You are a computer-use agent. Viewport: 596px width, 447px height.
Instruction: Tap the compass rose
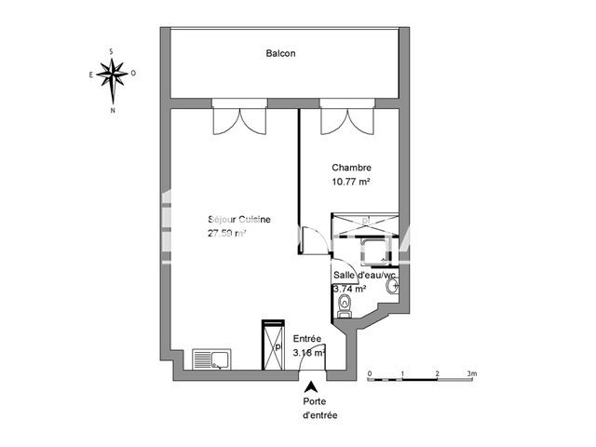[x=114, y=74]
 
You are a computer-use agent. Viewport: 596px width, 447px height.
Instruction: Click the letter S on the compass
[x=113, y=50]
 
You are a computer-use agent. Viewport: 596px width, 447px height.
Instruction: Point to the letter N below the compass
[x=114, y=109]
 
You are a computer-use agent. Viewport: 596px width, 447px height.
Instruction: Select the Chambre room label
[x=352, y=169]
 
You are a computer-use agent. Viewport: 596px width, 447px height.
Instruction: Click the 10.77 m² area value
[x=351, y=183]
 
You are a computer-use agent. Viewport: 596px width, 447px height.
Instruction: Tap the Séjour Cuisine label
[x=239, y=220]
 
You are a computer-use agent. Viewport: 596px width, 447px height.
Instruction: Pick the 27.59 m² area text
[x=227, y=235]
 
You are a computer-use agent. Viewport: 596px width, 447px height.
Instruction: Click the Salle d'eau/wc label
[x=365, y=275]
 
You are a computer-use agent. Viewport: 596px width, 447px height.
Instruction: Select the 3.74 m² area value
[x=349, y=290]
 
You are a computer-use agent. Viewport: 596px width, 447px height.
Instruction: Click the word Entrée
[x=307, y=339]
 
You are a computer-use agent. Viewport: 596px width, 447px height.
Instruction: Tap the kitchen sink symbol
[x=210, y=359]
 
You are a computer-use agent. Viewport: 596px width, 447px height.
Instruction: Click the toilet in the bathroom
[x=345, y=306]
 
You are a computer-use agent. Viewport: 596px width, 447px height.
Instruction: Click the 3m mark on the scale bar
[x=471, y=374]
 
